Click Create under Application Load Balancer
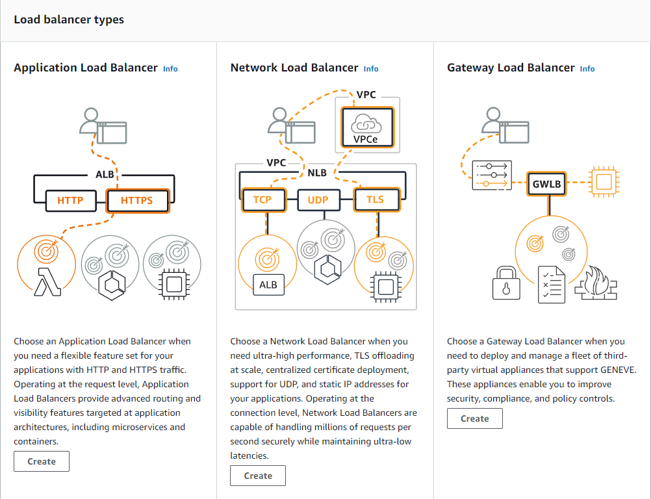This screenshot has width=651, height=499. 42,461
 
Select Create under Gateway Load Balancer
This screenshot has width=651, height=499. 474,418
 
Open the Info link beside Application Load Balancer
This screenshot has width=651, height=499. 170,69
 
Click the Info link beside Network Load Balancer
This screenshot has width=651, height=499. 371,69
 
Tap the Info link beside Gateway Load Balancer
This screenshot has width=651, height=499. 587,69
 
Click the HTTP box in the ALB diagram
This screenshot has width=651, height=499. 71,201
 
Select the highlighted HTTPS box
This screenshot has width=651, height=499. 138,201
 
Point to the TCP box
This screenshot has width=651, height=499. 263,199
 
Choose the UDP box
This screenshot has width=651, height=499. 318,199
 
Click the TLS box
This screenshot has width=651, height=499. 376,199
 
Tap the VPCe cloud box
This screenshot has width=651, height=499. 367,127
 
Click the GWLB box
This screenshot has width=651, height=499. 546,184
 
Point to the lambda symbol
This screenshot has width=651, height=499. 47,282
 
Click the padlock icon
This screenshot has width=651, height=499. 506,283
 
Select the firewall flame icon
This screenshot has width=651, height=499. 596,283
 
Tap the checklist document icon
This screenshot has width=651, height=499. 552,285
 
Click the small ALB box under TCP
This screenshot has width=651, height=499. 268,285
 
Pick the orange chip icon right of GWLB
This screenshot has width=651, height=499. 604,182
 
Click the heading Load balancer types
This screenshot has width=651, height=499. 69,19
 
